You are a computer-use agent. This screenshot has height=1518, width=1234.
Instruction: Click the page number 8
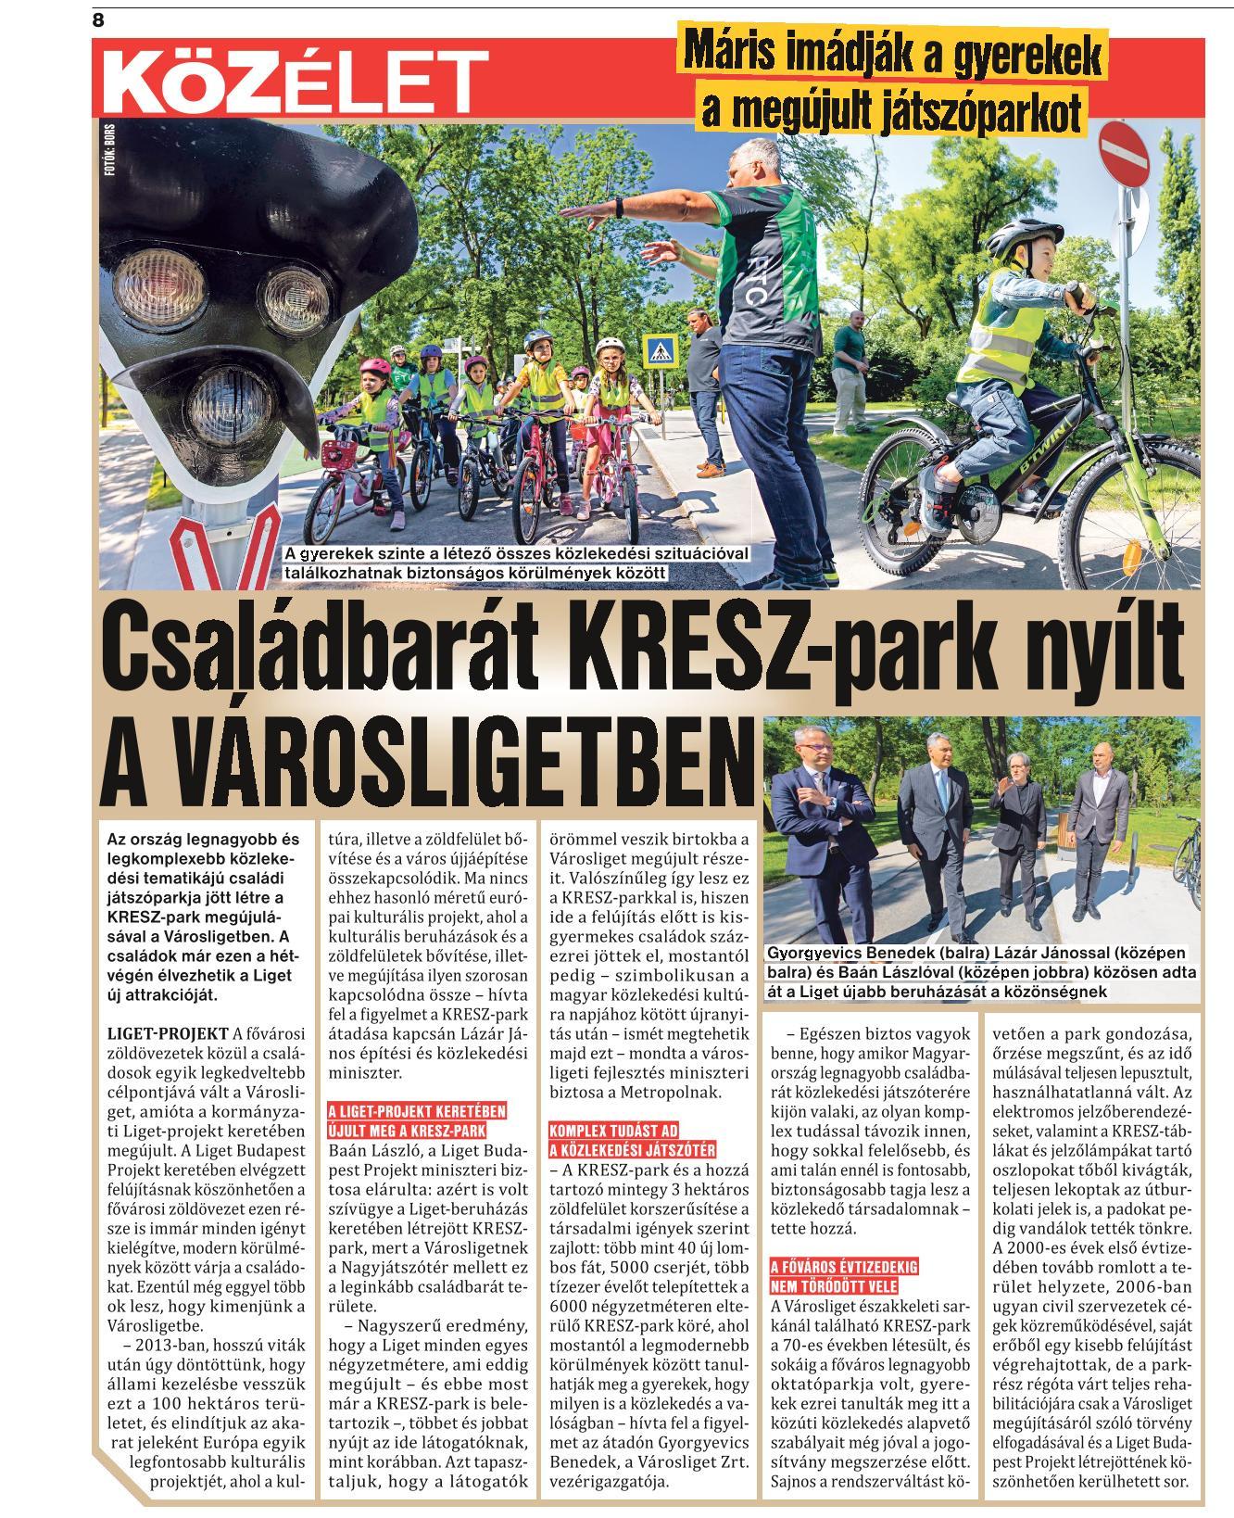point(99,19)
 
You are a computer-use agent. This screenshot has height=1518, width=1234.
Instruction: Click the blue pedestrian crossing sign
point(660,350)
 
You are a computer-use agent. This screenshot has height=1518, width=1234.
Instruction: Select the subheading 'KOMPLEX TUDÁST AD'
point(608,1131)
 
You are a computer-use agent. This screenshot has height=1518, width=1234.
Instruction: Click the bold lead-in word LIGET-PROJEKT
point(168,1032)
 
